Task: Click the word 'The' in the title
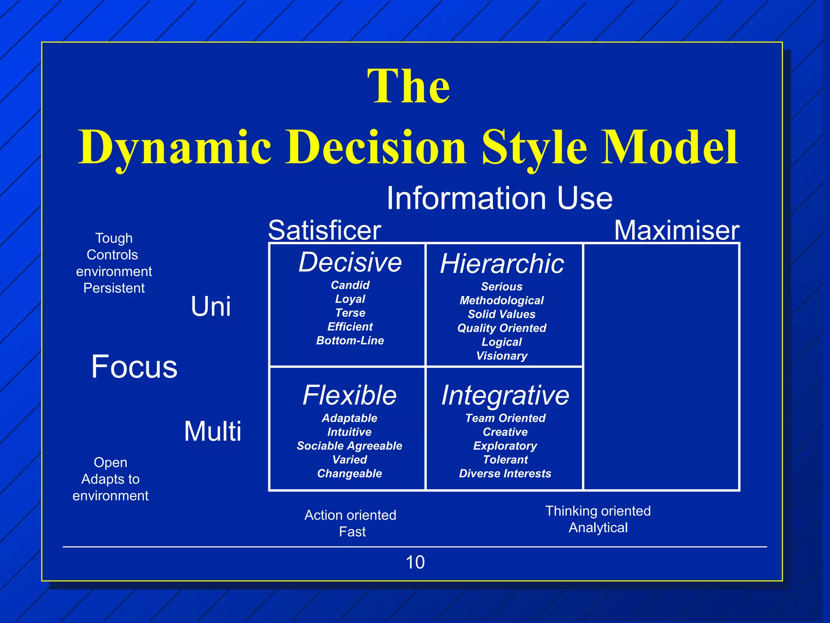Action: coord(409,86)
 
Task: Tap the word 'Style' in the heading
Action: coord(534,148)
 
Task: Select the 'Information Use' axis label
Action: coord(499,198)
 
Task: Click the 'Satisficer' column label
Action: coord(324,230)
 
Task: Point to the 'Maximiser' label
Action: coord(676,230)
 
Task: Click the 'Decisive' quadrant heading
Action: coord(350,262)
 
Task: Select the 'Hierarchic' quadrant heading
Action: coord(502,264)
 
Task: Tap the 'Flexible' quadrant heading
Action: coord(349,395)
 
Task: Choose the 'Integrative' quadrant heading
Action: coord(505,395)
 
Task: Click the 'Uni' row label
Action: coord(211,306)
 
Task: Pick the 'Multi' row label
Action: coord(212,431)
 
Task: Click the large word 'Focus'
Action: coord(134,367)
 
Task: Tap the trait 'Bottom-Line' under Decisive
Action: coord(350,340)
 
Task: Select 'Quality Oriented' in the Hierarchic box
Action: coord(502,328)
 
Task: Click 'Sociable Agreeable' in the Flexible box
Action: coord(349,446)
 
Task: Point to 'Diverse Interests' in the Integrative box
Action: coord(505,473)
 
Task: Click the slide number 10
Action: coord(415,562)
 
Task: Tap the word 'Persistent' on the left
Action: coord(114,288)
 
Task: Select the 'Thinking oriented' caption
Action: coord(598,511)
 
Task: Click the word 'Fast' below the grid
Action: coord(352,532)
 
